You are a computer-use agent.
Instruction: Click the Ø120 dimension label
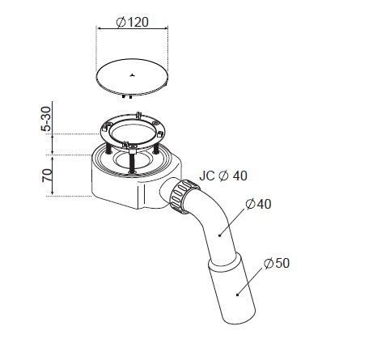pyautogui.click(x=133, y=22)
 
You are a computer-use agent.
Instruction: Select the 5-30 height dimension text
pyautogui.click(x=46, y=119)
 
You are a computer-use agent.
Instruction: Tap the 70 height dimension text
pyautogui.click(x=47, y=176)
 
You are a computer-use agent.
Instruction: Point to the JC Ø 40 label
pyautogui.click(x=223, y=176)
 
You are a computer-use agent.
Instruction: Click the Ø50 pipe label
pyautogui.click(x=277, y=263)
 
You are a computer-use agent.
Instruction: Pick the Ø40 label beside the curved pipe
pyautogui.click(x=258, y=204)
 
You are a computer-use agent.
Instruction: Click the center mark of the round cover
pyautogui.click(x=132, y=75)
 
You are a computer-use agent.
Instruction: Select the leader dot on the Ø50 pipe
pyautogui.click(x=237, y=294)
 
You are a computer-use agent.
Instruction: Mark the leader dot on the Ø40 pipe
pyautogui.click(x=219, y=235)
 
